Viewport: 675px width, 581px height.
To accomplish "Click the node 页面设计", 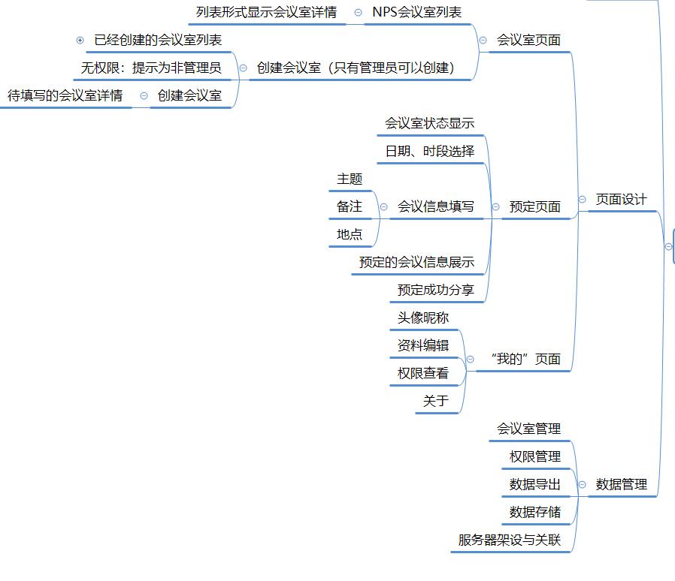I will pyautogui.click(x=620, y=200).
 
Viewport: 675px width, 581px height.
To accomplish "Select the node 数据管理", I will pyautogui.click(x=621, y=485).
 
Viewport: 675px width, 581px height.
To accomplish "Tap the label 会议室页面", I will pyautogui.click(x=528, y=41).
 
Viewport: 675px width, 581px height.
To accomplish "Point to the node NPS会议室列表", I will pyautogui.click(x=416, y=13).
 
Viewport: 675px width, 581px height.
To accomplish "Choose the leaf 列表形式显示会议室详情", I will pyautogui.click(x=266, y=13).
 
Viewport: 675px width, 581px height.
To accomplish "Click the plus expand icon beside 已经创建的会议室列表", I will pyautogui.click(x=80, y=41).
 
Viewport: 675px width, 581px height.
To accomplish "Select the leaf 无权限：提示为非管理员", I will pyautogui.click(x=151, y=68).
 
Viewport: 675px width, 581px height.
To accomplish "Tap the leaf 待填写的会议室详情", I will pyautogui.click(x=65, y=96).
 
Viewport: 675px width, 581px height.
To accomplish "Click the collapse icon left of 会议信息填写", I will pyautogui.click(x=383, y=206).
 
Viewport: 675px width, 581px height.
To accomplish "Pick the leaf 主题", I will pyautogui.click(x=350, y=179).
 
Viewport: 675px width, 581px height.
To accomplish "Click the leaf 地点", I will pyautogui.click(x=350, y=234).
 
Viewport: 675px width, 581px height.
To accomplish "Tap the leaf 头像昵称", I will pyautogui.click(x=423, y=318).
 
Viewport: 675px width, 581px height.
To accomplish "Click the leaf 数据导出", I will pyautogui.click(x=534, y=485).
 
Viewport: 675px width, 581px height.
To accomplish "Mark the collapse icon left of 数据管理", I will pyautogui.click(x=583, y=485).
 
